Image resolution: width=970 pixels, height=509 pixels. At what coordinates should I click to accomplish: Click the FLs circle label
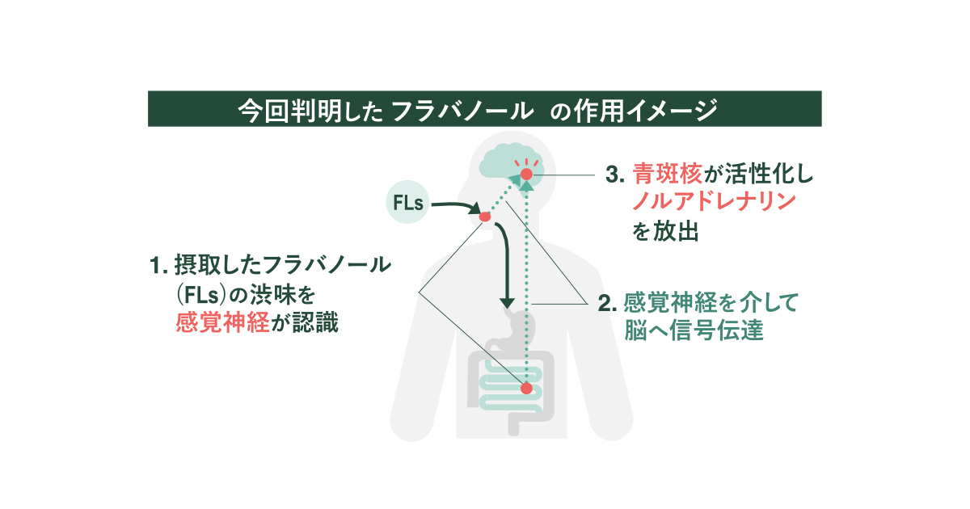coord(408,204)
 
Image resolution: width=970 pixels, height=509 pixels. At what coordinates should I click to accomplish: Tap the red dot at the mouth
coord(485,217)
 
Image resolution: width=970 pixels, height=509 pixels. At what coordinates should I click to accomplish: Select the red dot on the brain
coord(527,174)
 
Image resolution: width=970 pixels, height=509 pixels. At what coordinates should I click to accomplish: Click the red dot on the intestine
coord(526,389)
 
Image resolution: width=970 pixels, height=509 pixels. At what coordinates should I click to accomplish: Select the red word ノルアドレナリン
coord(715,203)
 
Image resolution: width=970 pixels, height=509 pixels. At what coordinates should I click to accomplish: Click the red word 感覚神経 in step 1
coord(223,323)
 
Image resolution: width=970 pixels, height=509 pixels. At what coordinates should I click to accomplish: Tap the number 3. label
coord(616,175)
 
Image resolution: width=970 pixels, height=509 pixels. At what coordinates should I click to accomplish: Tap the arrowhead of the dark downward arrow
coord(507,302)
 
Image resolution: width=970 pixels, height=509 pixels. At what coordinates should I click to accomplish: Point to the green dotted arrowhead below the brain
coord(527,187)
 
